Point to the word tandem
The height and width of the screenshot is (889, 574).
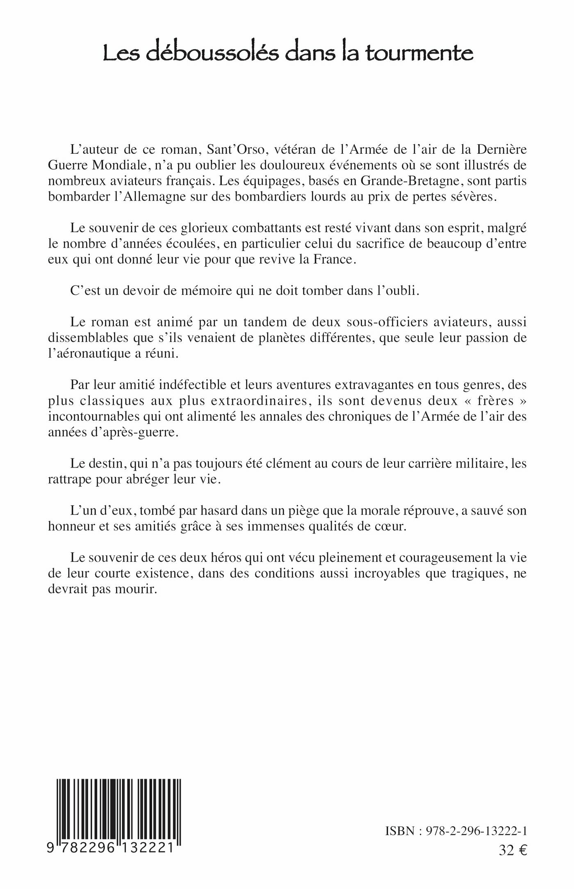(252, 322)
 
